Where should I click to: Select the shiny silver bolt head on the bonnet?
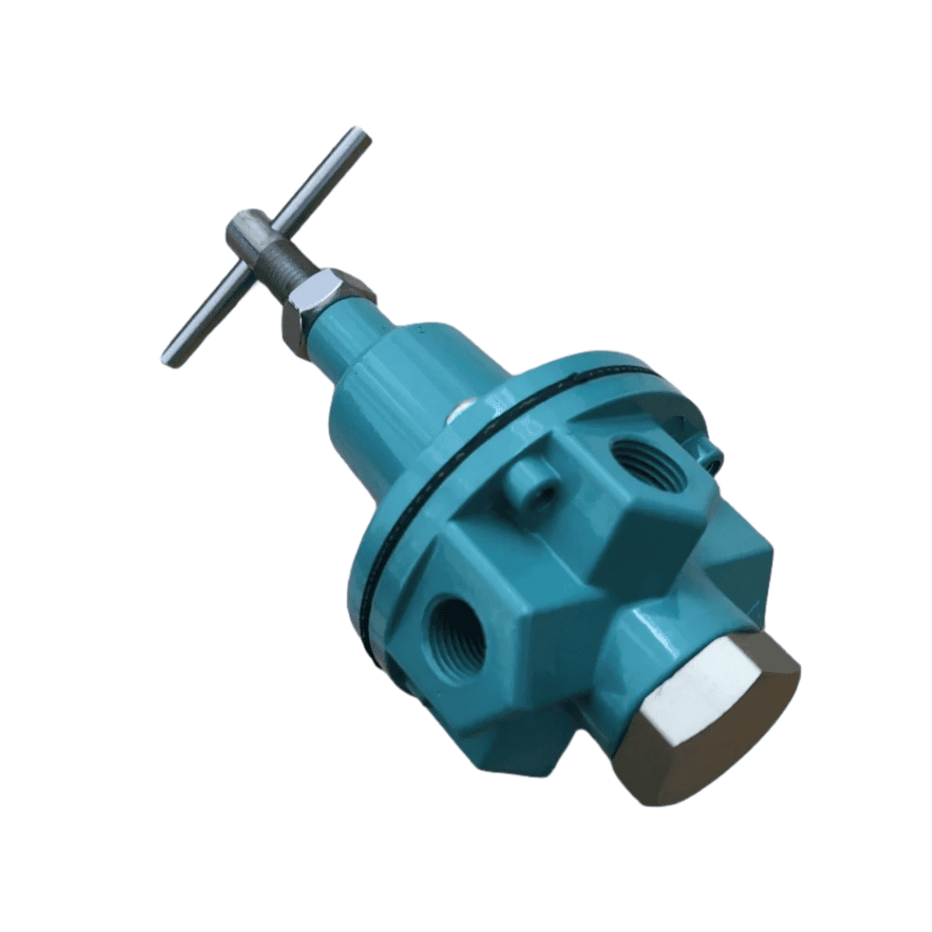tap(460, 409)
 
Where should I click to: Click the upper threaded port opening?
tap(647, 462)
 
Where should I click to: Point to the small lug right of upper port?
tap(711, 454)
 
